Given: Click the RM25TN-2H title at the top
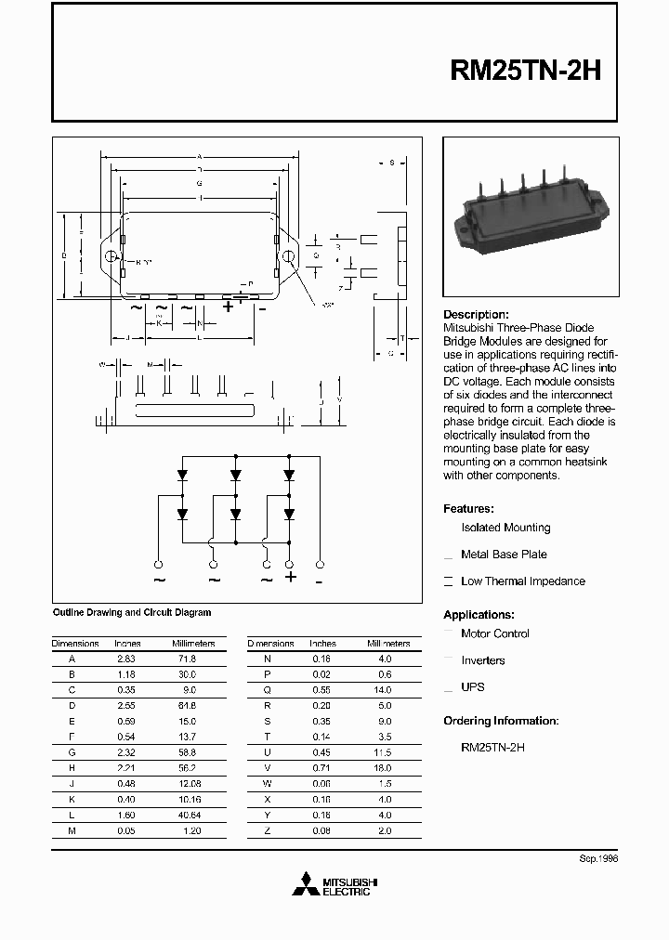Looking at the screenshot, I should click(x=526, y=72).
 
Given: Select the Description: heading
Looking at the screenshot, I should click(x=476, y=315).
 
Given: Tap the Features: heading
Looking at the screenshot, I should click(x=468, y=509).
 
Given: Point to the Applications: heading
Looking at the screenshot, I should click(x=479, y=615).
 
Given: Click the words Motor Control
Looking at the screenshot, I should click(x=495, y=633).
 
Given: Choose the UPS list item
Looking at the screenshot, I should click(x=473, y=687).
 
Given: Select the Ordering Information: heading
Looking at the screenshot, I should click(x=501, y=721).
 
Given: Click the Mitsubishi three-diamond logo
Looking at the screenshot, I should click(x=305, y=886).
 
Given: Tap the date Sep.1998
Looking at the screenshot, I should click(x=597, y=859).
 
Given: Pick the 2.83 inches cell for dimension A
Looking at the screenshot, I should click(x=126, y=659).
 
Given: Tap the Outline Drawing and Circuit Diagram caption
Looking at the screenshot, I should click(x=131, y=613).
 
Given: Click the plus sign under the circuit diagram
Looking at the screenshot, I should click(x=290, y=578).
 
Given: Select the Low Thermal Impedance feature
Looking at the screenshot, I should click(x=523, y=581).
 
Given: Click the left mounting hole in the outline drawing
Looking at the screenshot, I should click(x=111, y=256).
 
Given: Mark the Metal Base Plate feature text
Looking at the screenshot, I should click(x=504, y=555).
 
